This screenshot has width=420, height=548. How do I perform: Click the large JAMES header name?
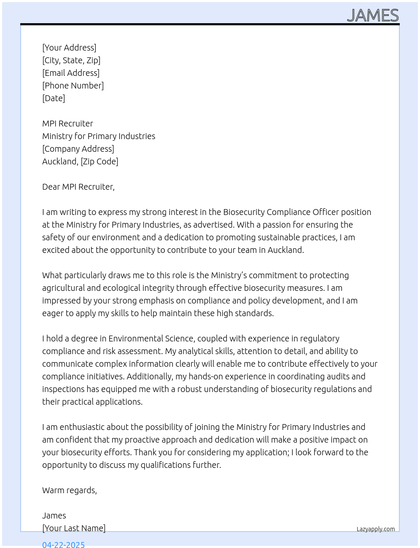click(x=373, y=16)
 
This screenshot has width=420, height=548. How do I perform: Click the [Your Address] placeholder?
click(x=69, y=48)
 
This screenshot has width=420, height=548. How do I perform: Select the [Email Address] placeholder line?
click(x=71, y=73)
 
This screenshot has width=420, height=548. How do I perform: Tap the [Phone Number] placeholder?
click(x=73, y=86)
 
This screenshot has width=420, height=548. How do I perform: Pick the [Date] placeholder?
click(x=54, y=98)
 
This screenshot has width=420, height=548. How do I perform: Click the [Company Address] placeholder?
click(x=78, y=149)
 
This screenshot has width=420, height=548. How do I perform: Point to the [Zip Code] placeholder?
click(x=100, y=161)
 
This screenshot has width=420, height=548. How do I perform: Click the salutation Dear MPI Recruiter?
click(x=78, y=187)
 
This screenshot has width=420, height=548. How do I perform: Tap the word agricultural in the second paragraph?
click(x=64, y=288)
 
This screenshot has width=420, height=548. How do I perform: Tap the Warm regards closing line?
click(x=70, y=490)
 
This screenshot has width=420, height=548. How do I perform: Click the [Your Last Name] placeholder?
click(x=74, y=528)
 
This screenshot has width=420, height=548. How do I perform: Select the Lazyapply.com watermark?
click(x=376, y=529)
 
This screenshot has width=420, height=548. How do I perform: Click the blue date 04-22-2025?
click(x=63, y=544)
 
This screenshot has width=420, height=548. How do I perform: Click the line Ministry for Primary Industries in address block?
click(x=99, y=136)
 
